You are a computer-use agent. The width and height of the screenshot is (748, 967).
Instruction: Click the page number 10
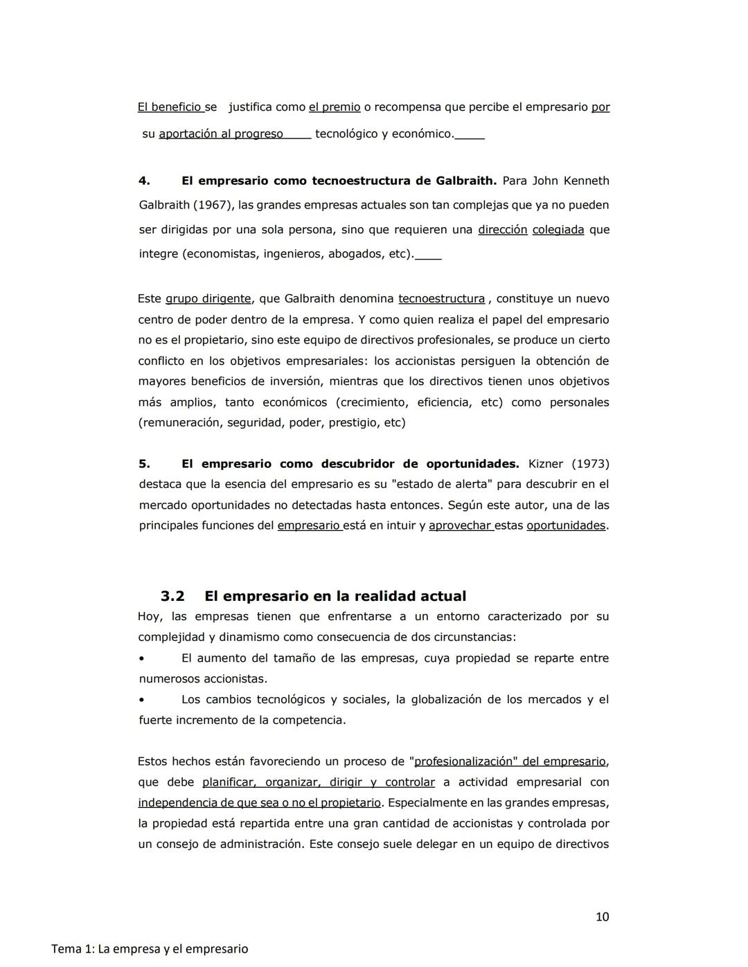[602, 917]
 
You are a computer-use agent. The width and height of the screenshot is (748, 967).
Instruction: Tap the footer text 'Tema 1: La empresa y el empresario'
[150, 949]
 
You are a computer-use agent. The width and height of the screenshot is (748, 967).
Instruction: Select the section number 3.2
[172, 596]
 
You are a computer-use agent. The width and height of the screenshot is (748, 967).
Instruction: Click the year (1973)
[590, 464]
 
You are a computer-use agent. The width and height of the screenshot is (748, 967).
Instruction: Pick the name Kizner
[546, 464]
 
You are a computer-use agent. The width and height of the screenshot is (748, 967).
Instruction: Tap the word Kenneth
[587, 181]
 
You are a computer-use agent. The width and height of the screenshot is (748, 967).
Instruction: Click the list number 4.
[144, 181]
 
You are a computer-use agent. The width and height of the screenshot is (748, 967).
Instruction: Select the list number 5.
[144, 464]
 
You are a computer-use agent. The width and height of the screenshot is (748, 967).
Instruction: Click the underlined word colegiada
[558, 230]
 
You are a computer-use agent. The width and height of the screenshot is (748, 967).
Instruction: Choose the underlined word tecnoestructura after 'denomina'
[441, 299]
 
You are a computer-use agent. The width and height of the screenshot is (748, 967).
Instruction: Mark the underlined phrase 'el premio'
[335, 107]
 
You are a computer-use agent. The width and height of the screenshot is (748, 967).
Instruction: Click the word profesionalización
[463, 761]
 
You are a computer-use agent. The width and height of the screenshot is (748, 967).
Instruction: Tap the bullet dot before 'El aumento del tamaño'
[141, 658]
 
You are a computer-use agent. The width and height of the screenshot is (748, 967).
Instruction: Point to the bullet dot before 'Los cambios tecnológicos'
[141, 700]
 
